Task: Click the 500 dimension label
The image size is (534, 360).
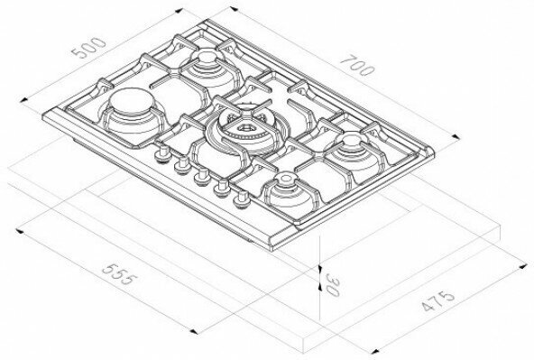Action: tap(89, 48)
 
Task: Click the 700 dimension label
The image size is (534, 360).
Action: tap(357, 65)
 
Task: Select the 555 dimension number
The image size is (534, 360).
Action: tap(120, 274)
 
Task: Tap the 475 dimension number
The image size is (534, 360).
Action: tap(438, 301)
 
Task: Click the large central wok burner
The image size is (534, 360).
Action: tap(244, 130)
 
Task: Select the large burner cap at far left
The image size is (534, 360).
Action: tap(132, 101)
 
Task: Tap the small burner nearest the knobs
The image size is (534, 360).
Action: tap(285, 180)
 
